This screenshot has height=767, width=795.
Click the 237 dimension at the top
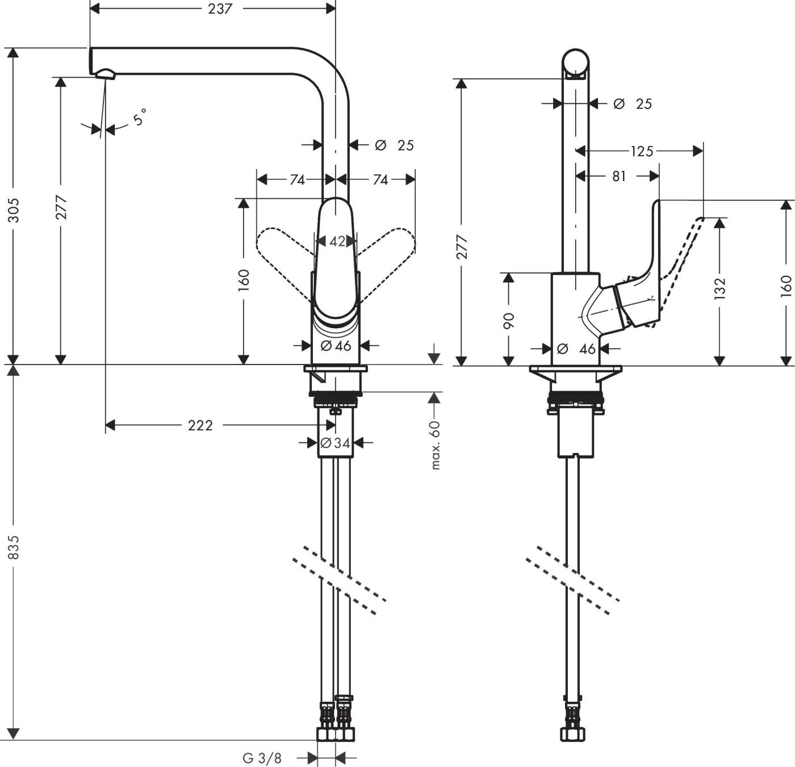pos(219,9)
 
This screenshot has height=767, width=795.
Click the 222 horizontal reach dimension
pos(200,425)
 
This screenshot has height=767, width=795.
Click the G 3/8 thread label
pos(262,757)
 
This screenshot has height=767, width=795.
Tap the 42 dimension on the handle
pos(337,241)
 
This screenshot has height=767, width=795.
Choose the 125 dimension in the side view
pos(642,151)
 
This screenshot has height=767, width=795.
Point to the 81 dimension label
pos(619,177)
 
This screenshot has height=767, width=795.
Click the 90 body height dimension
pos(509,321)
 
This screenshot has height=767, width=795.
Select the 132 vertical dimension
pos(719,288)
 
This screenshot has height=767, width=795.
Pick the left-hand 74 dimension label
pos(297,180)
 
